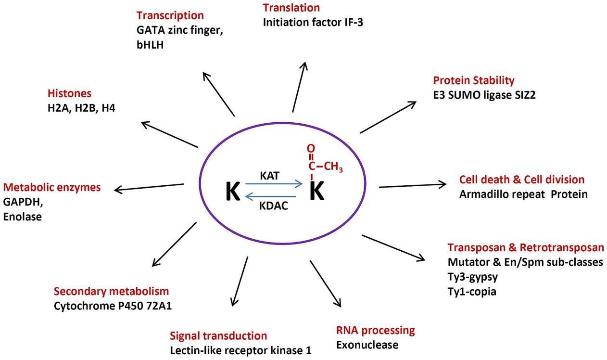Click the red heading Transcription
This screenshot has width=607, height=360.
pos(170,16)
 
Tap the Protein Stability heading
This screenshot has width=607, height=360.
pos(474,80)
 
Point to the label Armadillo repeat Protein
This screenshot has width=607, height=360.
pos(523,194)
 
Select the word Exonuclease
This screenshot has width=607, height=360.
pos(367,345)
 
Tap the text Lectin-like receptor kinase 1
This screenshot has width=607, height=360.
pos(241,350)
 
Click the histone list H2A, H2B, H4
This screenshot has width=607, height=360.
pos(81,108)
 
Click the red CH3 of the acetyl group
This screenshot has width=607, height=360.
pos(333,167)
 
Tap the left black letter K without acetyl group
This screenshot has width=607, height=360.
pos(233,192)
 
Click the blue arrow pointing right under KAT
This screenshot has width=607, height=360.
pos(274,183)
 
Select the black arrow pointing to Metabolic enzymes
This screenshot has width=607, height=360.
pos(149,187)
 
